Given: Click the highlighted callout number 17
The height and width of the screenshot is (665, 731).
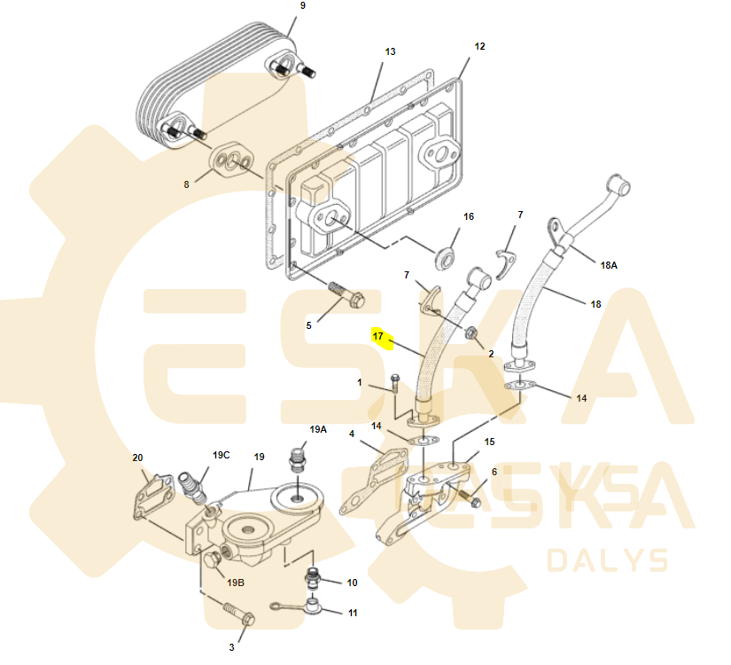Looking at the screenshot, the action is (x=377, y=336).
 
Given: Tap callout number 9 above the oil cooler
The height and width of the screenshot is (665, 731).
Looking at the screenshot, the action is (x=303, y=5).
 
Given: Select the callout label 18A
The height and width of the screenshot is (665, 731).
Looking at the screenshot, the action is (x=609, y=265).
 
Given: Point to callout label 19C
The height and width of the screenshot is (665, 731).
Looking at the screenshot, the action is (x=221, y=455).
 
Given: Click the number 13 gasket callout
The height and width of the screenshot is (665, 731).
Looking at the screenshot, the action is (x=390, y=51).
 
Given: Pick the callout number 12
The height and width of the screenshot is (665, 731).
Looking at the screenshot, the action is (x=479, y=46).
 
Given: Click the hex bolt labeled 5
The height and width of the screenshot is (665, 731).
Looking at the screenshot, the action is (x=346, y=294).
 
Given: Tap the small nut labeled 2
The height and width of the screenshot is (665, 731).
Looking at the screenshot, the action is (x=470, y=332).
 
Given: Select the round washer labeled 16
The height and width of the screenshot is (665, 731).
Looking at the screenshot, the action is (x=445, y=258).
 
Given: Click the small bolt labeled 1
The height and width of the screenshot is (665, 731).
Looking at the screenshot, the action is (x=395, y=383).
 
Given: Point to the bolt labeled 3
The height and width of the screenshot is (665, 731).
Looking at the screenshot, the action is (x=239, y=614).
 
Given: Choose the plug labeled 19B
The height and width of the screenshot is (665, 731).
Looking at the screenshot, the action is (x=213, y=559).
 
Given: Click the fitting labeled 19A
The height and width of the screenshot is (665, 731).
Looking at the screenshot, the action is (x=298, y=458).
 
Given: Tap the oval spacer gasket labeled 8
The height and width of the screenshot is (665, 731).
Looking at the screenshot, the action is (x=231, y=160).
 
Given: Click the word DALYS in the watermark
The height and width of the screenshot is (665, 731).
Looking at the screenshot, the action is (x=608, y=560).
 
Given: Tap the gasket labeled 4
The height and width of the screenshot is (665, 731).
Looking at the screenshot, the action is (x=374, y=481).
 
